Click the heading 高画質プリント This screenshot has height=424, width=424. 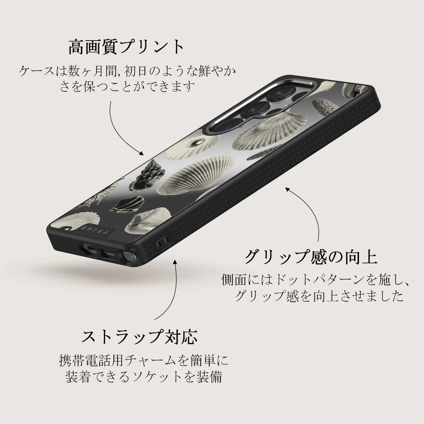point(126,47)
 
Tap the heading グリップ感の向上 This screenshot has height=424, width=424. point(311,257)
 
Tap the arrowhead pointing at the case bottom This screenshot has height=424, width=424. point(175,262)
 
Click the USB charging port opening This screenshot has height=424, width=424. point(108,254)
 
